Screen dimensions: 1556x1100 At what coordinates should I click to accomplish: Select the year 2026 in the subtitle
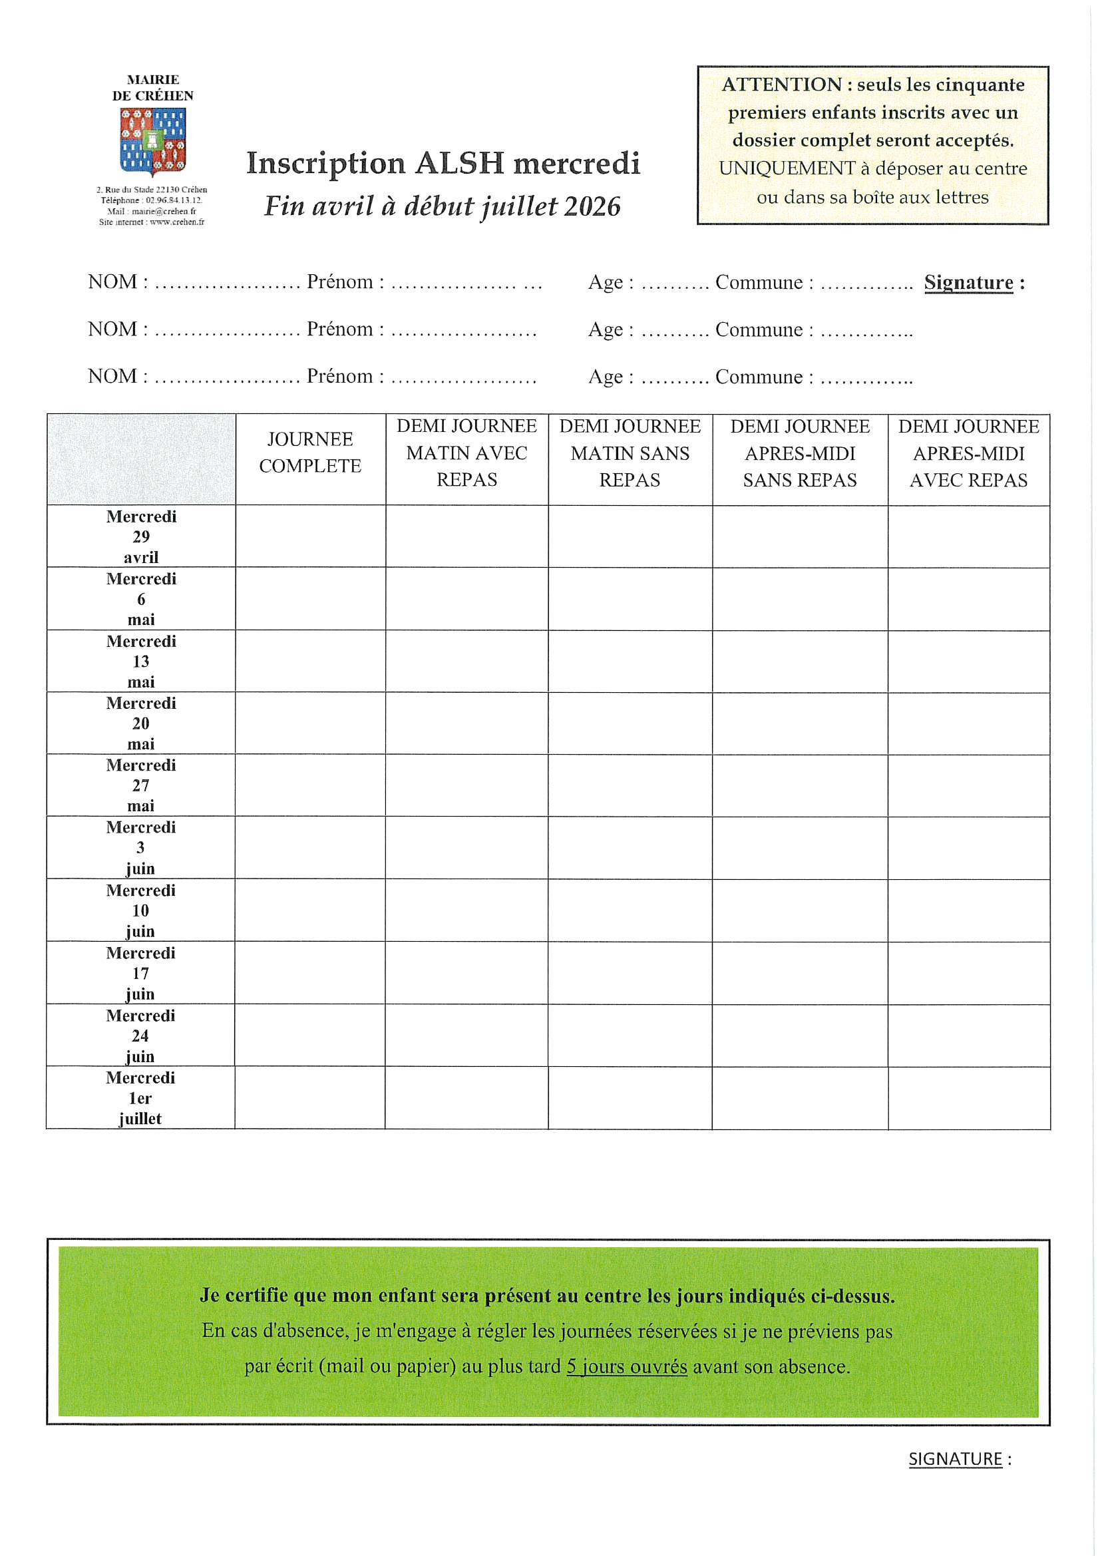tap(592, 207)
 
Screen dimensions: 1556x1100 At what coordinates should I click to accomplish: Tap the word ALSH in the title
tap(460, 163)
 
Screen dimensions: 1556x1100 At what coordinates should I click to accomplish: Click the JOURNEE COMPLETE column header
tap(309, 453)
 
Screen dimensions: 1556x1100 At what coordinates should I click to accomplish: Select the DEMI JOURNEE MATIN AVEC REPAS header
tap(466, 453)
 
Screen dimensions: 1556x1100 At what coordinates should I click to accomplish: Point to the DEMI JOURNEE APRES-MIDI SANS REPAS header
tap(800, 453)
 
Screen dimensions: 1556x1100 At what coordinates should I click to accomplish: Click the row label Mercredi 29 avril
tap(141, 536)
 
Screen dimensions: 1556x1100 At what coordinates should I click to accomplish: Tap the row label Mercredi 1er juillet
tap(140, 1098)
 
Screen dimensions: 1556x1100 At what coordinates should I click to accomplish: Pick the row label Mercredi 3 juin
tap(140, 848)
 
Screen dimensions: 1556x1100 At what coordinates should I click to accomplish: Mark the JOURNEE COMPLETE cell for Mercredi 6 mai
tap(310, 599)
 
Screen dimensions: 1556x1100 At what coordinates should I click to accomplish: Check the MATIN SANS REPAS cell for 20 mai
tap(630, 723)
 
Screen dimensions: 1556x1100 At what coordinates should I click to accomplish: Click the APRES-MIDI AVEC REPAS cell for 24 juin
tap(969, 1036)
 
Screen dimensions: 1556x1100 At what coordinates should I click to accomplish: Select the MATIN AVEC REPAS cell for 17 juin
tap(466, 973)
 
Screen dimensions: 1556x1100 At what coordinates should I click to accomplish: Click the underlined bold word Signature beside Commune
tap(968, 283)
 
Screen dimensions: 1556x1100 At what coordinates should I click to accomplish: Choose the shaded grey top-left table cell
tap(141, 459)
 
